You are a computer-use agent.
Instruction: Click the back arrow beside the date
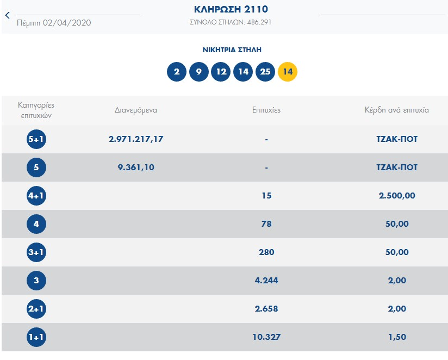[x=7, y=15]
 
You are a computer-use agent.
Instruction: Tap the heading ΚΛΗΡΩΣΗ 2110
[x=231, y=9]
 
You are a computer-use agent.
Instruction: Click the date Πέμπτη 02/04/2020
[x=54, y=23]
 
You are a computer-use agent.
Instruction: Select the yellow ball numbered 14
[x=288, y=72]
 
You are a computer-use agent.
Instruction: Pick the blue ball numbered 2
[x=177, y=72]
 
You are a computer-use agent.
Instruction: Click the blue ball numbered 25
[x=265, y=72]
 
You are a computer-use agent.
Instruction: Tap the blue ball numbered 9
[x=199, y=72]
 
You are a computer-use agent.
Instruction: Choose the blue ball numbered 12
[x=221, y=72]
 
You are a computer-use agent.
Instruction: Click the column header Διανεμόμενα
[x=136, y=110]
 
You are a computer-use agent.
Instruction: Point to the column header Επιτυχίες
[x=266, y=110]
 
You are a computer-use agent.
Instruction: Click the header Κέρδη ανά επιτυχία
[x=397, y=110]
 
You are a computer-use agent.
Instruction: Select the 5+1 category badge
[x=36, y=139]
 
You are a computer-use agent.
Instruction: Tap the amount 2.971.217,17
[x=136, y=139]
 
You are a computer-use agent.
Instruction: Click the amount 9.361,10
[x=136, y=167]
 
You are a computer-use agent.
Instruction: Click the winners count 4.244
[x=266, y=281]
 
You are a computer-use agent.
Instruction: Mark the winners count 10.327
[x=266, y=337]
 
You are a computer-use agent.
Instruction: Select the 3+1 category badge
[x=36, y=252]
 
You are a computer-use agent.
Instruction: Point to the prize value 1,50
[x=397, y=337]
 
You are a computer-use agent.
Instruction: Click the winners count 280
[x=266, y=252]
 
